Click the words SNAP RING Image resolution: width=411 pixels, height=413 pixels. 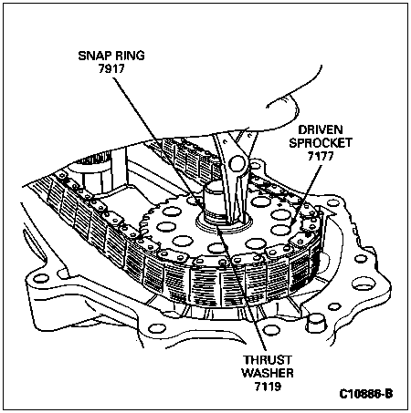click(111, 56)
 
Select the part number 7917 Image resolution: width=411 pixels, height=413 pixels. click(111, 69)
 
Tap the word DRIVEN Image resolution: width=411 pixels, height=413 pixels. click(321, 130)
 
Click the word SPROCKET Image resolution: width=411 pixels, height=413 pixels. click(321, 143)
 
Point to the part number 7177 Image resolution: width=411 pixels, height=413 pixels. click(321, 156)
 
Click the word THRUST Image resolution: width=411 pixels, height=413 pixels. click(268, 360)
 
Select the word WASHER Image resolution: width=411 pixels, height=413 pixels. click(268, 373)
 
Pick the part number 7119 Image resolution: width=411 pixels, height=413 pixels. click(268, 387)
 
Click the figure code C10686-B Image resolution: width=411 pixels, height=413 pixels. click(366, 394)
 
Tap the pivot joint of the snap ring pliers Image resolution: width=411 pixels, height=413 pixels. click(237, 164)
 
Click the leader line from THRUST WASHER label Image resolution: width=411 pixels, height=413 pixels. click(241, 287)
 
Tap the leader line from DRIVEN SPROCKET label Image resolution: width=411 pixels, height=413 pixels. click(307, 194)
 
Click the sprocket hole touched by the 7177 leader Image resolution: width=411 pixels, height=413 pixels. click(280, 230)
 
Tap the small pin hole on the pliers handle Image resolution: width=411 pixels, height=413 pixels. click(225, 141)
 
